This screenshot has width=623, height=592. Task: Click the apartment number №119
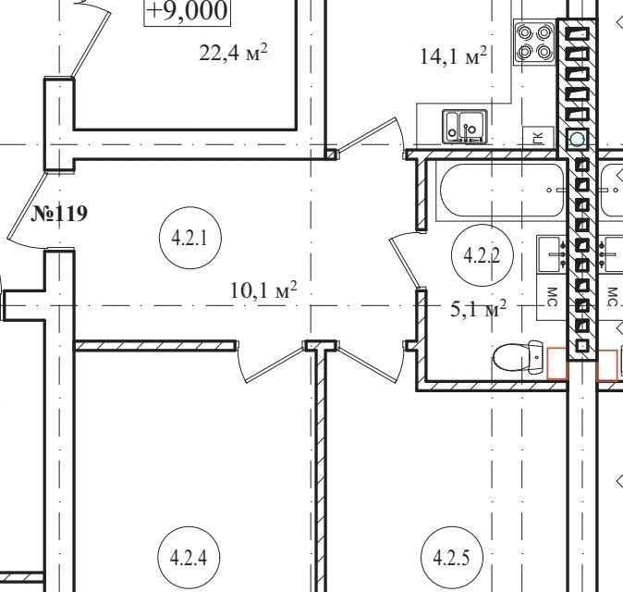pyautogui.click(x=59, y=214)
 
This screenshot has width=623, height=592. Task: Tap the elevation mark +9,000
pyautogui.click(x=187, y=10)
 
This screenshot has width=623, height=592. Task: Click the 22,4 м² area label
pyautogui.click(x=233, y=53)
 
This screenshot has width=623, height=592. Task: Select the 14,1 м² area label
pyautogui.click(x=453, y=55)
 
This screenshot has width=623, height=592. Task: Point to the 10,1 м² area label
pyautogui.click(x=263, y=290)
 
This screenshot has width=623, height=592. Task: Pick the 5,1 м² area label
pyautogui.click(x=479, y=309)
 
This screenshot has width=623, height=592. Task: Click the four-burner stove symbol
pyautogui.click(x=535, y=43)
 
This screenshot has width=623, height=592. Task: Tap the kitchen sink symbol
pyautogui.click(x=465, y=127)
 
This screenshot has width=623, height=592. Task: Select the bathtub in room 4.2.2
pyautogui.click(x=501, y=191)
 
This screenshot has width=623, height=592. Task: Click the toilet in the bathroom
pyautogui.click(x=519, y=357)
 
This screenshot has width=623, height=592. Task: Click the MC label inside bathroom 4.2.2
pyautogui.click(x=552, y=297)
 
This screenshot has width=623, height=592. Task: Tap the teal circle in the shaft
pyautogui.click(x=577, y=140)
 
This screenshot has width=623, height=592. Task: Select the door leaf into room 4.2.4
pyautogui.click(x=275, y=364)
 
